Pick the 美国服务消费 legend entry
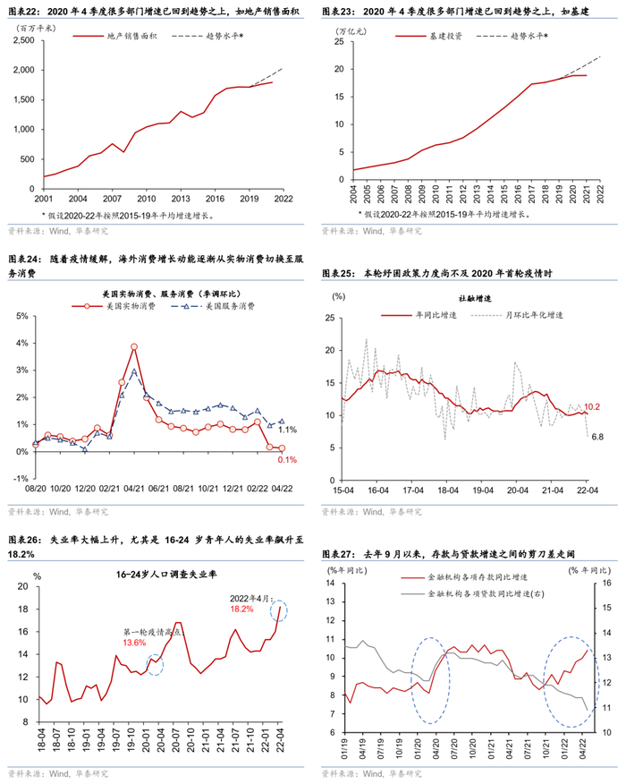pyautogui.click(x=230, y=306)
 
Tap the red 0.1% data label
pyautogui.click(x=283, y=460)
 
